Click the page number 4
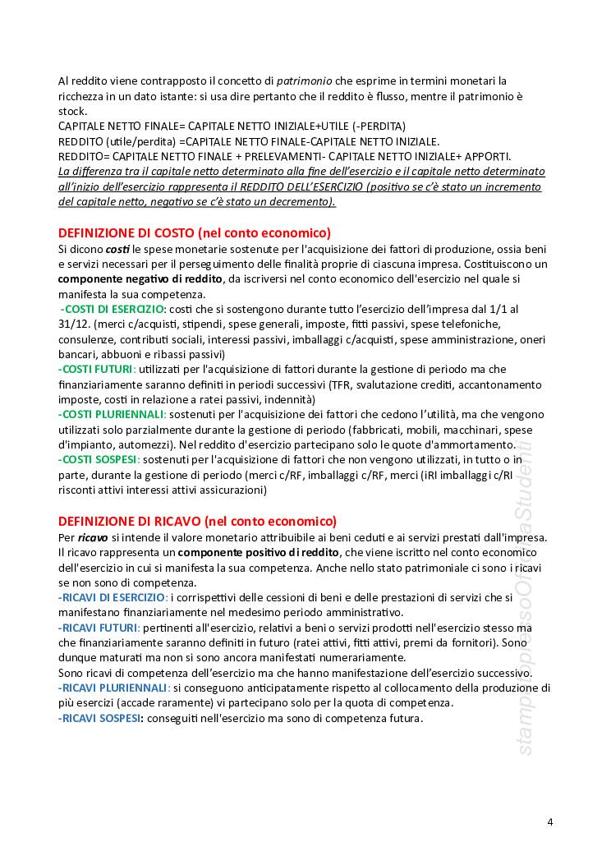tap(549, 822)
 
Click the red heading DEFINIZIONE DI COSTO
tap(195, 232)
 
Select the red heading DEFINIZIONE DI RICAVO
tap(197, 521)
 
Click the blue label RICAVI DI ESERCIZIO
tap(113, 596)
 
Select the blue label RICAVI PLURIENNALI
tap(113, 688)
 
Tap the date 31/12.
tap(75, 324)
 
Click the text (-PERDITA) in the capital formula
tap(377, 127)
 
